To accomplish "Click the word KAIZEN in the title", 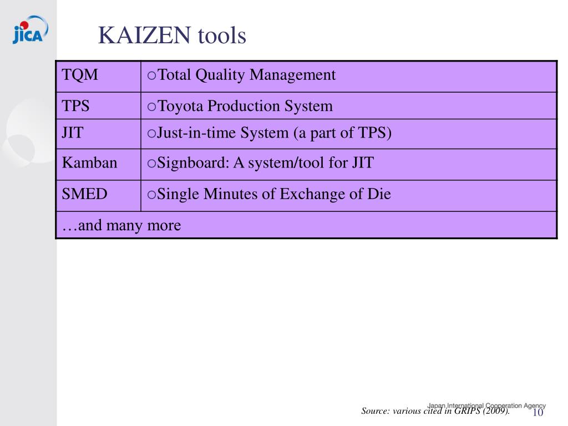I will pos(145,36).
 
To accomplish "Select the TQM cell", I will pos(80,75).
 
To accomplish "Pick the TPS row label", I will pos(76,106).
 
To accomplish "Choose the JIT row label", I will pos(73,133).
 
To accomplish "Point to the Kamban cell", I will pos(90,163).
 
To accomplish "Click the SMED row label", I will pos(85,194).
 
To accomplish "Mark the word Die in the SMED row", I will pos(379,194).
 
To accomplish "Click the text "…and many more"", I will pos(121,226).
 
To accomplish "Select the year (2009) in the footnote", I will pos(496,411).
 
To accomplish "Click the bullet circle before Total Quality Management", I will pos(152,75).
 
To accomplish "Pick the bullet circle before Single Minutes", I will pos(152,195).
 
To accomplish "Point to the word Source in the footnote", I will pos(375,411).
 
